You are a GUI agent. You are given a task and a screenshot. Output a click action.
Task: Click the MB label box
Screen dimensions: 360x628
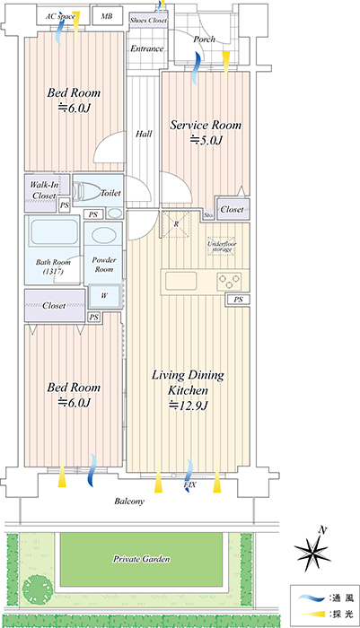click(x=106, y=16)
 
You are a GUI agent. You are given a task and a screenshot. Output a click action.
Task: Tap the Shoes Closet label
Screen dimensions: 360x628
click(x=148, y=20)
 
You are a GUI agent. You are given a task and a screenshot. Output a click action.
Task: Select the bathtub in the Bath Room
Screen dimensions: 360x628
click(x=54, y=232)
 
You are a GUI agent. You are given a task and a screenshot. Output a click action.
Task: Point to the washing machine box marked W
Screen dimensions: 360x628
click(x=104, y=295)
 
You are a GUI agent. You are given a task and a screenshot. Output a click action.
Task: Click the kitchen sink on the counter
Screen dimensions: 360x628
click(x=181, y=281)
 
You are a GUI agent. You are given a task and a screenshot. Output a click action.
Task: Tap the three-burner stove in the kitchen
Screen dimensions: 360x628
click(x=229, y=281)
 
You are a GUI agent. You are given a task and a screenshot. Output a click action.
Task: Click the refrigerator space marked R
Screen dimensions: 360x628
click(x=176, y=224)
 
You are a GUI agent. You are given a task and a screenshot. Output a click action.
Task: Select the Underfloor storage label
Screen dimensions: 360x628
click(x=222, y=247)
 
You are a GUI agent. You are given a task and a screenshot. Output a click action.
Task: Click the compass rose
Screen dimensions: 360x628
click(x=312, y=551)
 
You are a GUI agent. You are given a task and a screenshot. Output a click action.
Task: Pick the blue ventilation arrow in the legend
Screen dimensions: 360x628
click(x=312, y=598)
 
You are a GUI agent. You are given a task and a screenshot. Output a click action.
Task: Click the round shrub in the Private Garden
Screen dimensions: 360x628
click(x=38, y=589)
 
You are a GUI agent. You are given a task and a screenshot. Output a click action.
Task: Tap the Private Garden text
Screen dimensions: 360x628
click(x=141, y=559)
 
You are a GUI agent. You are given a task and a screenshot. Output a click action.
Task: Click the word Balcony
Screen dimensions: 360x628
click(x=129, y=501)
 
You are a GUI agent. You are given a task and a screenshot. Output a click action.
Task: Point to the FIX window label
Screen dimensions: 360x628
click(x=190, y=484)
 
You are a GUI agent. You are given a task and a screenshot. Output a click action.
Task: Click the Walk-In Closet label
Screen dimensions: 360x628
click(x=44, y=190)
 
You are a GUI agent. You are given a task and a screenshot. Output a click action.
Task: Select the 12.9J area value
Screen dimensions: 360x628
click(x=188, y=406)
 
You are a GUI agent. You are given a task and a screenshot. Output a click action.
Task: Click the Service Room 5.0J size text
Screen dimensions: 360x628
click(x=206, y=140)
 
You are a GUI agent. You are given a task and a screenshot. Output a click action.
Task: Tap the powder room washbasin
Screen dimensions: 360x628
click(x=104, y=236)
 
